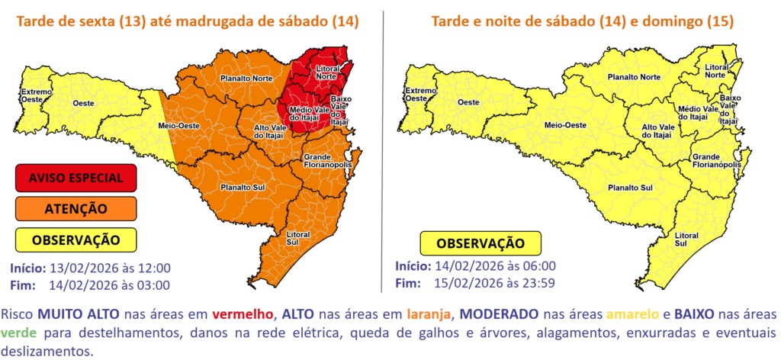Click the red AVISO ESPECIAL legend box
tap(76, 178)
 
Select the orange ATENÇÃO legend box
tap(76, 208)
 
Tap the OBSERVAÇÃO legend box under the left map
tap(76, 239)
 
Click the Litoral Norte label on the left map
tap(329, 73)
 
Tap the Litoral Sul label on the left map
tap(297, 239)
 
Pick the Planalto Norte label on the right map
tap(633, 77)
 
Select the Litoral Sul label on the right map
tap(686, 239)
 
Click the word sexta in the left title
tap(98, 22)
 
